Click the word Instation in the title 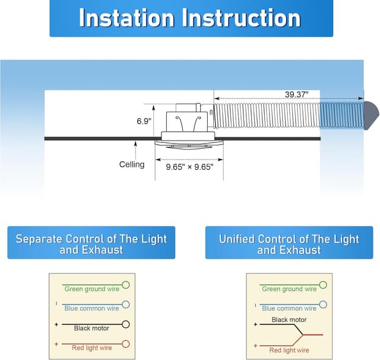click(126, 18)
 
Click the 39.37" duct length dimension click(296, 94)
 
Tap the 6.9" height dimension click(144, 121)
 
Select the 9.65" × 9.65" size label click(189, 167)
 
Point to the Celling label click(132, 164)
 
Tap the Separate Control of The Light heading click(91, 239)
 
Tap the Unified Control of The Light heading click(289, 239)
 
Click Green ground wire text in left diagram click(91, 289)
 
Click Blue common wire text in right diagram click(289, 308)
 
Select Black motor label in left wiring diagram click(91, 328)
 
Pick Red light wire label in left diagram click(91, 348)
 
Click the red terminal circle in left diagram click(125, 343)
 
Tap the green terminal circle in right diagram click(323, 285)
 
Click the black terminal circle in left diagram click(125, 324)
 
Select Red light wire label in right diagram click(289, 350)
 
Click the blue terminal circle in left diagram click(125, 304)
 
